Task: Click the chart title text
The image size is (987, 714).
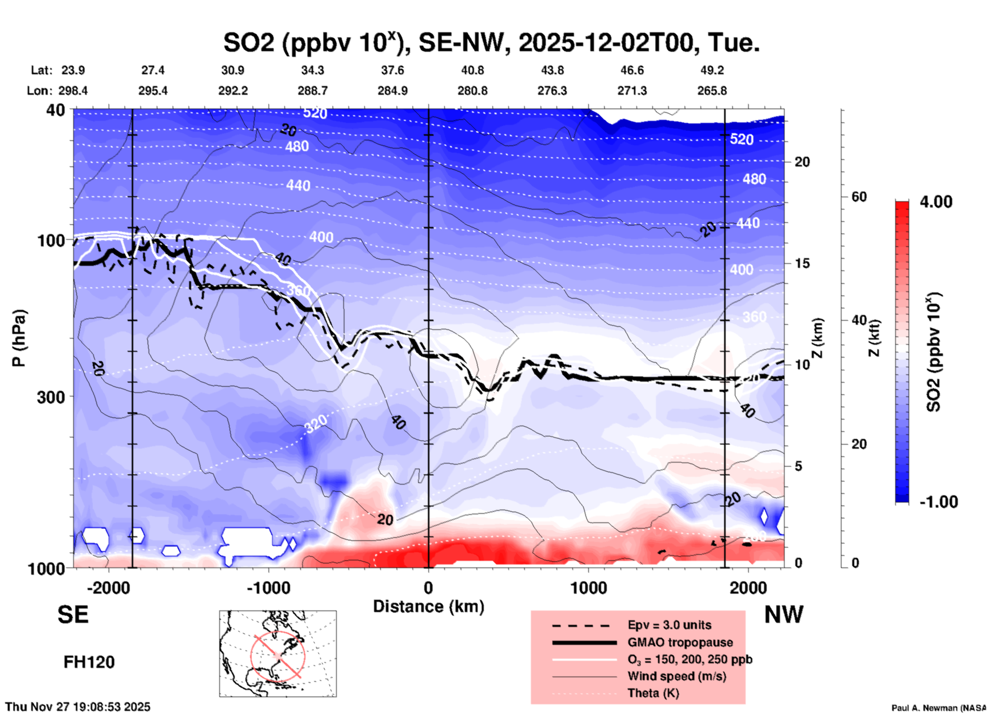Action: click(x=491, y=42)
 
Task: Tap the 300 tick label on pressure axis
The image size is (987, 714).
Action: click(x=51, y=397)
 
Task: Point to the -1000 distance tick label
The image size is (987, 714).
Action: click(x=268, y=588)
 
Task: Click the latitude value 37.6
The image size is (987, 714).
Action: click(x=392, y=70)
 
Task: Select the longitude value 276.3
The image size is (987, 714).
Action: click(x=552, y=91)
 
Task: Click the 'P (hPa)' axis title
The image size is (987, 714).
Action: click(x=19, y=338)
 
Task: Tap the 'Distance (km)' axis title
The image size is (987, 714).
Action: click(x=428, y=606)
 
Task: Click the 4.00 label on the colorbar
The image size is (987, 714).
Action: click(x=936, y=202)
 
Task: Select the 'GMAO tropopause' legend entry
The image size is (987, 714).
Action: click(x=680, y=642)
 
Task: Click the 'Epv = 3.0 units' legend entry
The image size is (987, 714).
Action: click(x=669, y=625)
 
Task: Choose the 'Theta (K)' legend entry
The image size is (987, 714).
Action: click(x=653, y=693)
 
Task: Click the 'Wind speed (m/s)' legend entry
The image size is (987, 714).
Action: click(x=676, y=676)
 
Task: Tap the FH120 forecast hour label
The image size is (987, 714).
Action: click(x=89, y=662)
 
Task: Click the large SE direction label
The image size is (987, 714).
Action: click(x=73, y=615)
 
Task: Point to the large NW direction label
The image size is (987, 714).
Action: click(x=784, y=615)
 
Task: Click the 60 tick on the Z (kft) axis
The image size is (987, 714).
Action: click(x=859, y=197)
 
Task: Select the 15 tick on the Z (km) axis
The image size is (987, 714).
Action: click(x=802, y=263)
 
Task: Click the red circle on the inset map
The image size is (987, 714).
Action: click(x=278, y=655)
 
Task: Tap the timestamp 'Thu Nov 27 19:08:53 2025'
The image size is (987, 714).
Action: click(x=78, y=707)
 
